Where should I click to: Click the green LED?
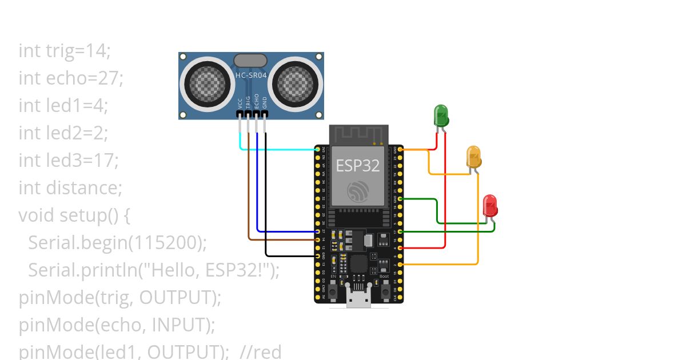pyautogui.click(x=441, y=115)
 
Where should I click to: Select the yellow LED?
pyautogui.click(x=473, y=157)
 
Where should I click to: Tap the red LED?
pyautogui.click(x=490, y=205)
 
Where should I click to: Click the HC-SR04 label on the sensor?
pyautogui.click(x=251, y=75)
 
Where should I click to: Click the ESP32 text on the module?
pyautogui.click(x=358, y=166)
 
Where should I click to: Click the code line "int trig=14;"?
pyautogui.click(x=64, y=51)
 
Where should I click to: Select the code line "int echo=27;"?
pyautogui.click(x=71, y=78)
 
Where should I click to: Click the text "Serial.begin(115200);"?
pyautogui.click(x=117, y=243)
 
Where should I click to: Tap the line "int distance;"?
pyautogui.click(x=70, y=188)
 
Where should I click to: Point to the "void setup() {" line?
pyautogui.click(x=75, y=215)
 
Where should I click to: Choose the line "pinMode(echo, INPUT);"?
pyautogui.click(x=117, y=325)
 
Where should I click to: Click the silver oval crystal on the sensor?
pyautogui.click(x=250, y=61)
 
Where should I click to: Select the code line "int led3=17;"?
pyautogui.click(x=68, y=161)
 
